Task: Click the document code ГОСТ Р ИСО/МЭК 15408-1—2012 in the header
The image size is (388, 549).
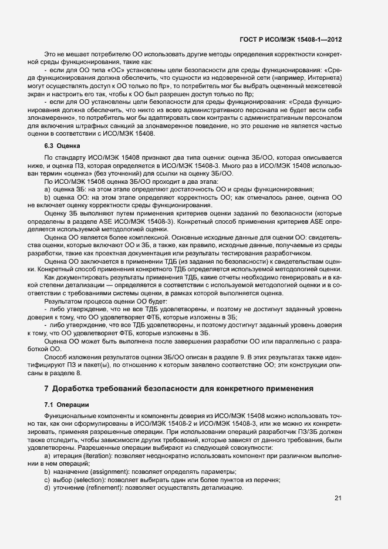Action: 291,39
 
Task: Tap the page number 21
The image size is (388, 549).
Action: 338,499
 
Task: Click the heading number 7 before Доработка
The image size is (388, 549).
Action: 46,388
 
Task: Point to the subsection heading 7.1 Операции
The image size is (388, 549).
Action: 66,404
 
